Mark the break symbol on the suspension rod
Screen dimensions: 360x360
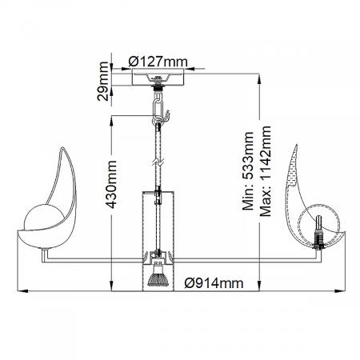click(159, 162)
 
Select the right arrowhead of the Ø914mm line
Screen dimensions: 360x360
click(340, 290)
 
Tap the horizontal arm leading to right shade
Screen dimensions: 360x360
click(240, 257)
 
